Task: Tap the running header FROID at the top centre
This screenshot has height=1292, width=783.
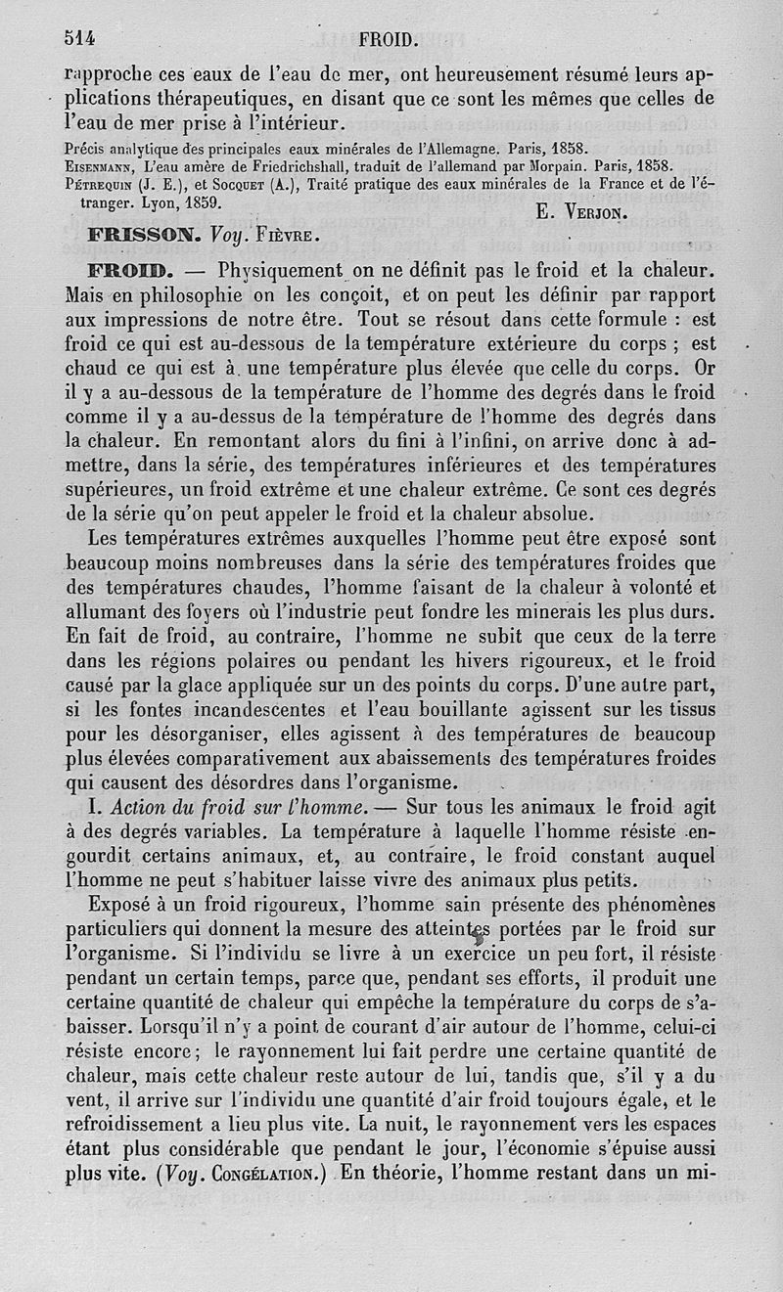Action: pyautogui.click(x=390, y=40)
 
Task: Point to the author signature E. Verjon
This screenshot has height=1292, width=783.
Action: pyautogui.click(x=581, y=210)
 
